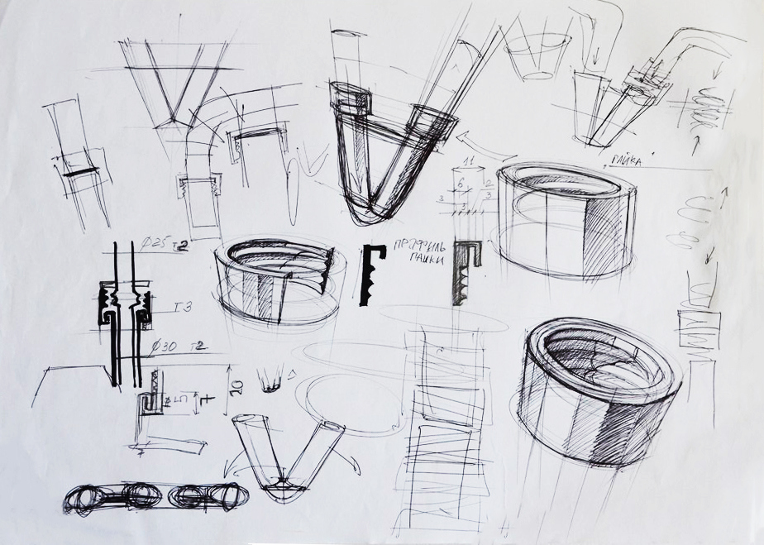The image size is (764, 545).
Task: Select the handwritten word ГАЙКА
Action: [627, 160]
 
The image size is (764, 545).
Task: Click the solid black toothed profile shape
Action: [371, 275]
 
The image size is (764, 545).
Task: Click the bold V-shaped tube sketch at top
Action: [389, 157]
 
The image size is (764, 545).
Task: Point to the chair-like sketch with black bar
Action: [79, 165]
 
